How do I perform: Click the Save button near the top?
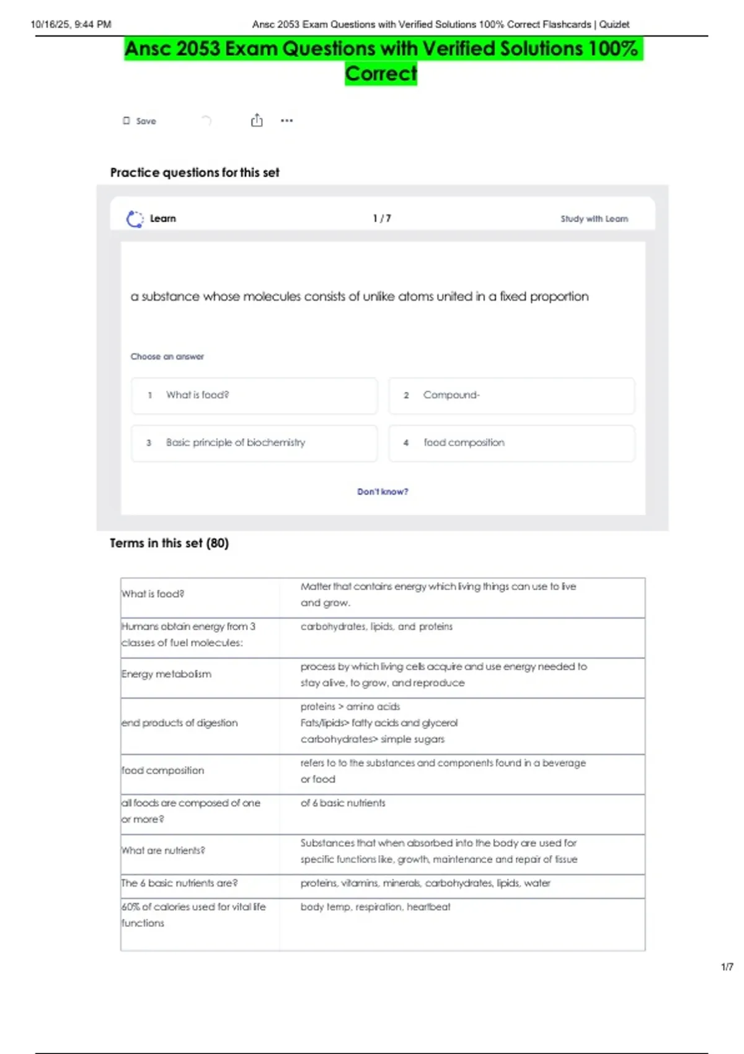(140, 121)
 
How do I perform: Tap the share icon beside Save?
(257, 120)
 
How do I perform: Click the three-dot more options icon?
(286, 120)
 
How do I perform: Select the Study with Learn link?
(594, 219)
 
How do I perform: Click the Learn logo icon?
(135, 219)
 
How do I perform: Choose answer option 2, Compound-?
(511, 396)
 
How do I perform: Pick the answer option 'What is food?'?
(254, 396)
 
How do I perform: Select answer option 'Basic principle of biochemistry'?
(254, 443)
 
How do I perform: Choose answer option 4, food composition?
(511, 443)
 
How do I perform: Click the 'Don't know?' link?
(383, 492)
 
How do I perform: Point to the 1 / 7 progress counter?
(382, 218)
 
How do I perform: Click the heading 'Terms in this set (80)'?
(169, 543)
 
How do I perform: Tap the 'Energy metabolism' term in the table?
(166, 674)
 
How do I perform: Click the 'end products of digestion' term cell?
(180, 723)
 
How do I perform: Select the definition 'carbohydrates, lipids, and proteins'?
(376, 627)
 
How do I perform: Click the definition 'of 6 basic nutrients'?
(343, 803)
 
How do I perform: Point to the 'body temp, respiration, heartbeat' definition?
(375, 906)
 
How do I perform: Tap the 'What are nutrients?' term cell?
(163, 851)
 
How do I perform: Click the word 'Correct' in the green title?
(381, 74)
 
